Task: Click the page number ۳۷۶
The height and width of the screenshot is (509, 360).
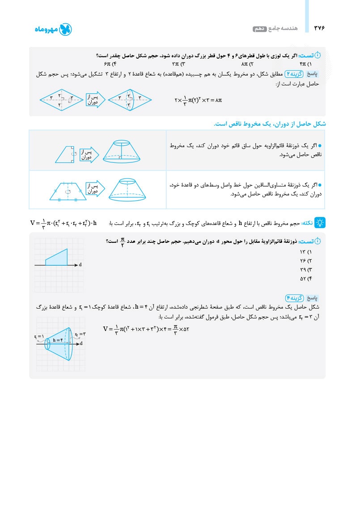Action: [x=320, y=28]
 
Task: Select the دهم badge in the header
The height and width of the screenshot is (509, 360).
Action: [x=260, y=29]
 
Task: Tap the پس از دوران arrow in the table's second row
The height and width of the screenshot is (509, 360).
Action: [x=93, y=188]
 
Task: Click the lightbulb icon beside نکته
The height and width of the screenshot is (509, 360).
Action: [x=320, y=222]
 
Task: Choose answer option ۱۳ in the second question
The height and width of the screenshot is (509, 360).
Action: [x=305, y=252]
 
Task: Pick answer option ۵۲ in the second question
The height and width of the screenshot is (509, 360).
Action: [x=305, y=279]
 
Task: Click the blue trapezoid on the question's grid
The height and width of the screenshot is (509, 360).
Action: [x=57, y=258]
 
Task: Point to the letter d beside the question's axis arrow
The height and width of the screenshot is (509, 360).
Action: [x=80, y=265]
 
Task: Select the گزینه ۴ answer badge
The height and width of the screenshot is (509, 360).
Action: [x=296, y=298]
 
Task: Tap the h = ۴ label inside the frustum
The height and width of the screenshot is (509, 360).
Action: [x=58, y=340]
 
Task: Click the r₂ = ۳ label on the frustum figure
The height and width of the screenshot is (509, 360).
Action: [x=80, y=334]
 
